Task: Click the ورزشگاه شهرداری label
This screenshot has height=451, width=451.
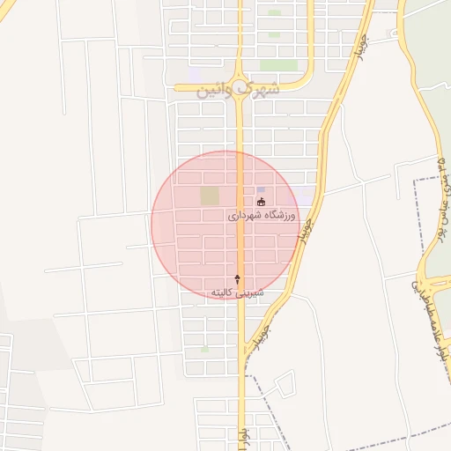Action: pyautogui.click(x=263, y=215)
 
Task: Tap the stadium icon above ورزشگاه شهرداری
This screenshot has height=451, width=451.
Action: pyautogui.click(x=260, y=202)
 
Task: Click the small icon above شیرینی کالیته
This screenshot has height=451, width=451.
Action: pyautogui.click(x=236, y=278)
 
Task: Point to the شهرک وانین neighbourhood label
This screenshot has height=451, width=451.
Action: pyautogui.click(x=239, y=88)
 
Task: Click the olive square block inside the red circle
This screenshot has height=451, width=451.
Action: pyautogui.click(x=209, y=196)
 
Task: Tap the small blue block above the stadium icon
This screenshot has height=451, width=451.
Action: pyautogui.click(x=260, y=189)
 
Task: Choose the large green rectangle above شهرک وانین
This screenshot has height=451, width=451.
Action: pyautogui.click(x=278, y=65)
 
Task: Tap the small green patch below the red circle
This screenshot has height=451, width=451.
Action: pyautogui.click(x=204, y=349)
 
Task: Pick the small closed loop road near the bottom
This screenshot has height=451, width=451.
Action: pyautogui.click(x=284, y=382)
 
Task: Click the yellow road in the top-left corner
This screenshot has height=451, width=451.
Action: pyautogui.click(x=7, y=11)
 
